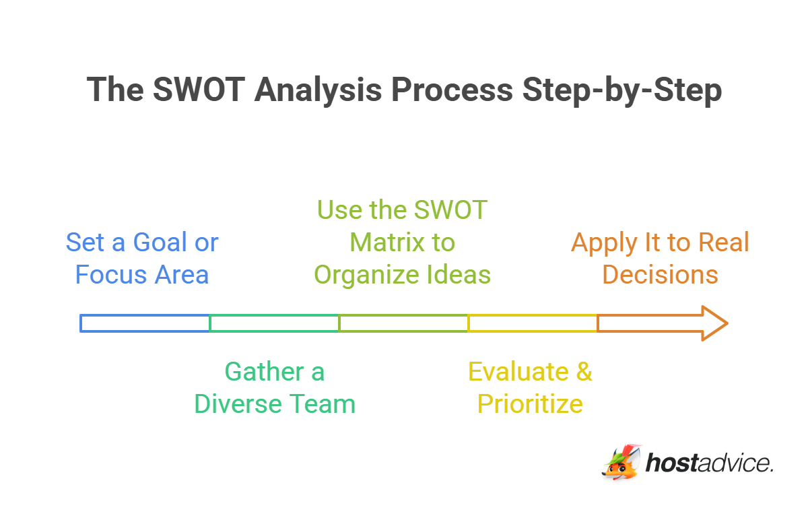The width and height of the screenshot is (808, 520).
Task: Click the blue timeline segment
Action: click(145, 323)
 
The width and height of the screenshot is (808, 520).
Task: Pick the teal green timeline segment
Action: click(274, 323)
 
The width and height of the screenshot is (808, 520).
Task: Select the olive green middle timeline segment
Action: click(403, 323)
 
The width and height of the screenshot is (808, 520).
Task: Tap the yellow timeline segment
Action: click(533, 323)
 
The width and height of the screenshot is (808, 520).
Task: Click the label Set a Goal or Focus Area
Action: click(142, 259)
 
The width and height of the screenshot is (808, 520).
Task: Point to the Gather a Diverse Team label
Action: click(275, 388)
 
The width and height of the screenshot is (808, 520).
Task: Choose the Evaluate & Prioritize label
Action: click(530, 388)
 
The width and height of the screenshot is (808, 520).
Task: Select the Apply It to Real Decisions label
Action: click(660, 259)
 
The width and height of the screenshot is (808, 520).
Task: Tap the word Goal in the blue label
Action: click(159, 242)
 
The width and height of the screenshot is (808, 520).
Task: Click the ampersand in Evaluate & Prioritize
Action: click(583, 372)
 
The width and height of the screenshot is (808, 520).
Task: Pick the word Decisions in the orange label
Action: click(660, 275)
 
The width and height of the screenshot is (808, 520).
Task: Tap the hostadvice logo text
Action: click(708, 463)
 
